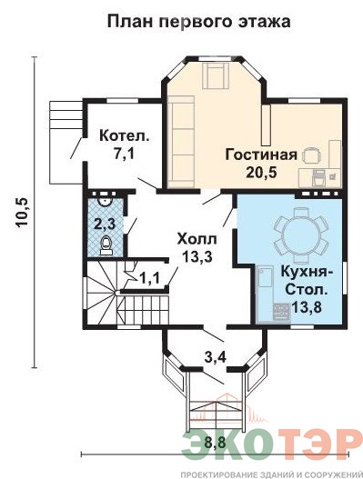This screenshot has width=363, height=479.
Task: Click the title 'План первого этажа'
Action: coord(198,23)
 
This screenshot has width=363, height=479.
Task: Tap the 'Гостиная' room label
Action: coord(261,155)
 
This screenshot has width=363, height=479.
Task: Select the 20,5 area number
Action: coord(261,173)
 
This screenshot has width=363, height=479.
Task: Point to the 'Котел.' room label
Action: coord(125,135)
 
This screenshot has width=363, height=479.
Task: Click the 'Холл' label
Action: coord(197,238)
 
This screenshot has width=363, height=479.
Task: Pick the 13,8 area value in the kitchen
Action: coord(307,307)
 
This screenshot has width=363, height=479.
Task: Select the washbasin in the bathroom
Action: coord(106,202)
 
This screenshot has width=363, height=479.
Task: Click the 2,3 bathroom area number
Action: coord(105,225)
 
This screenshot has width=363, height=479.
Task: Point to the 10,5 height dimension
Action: coord(23,213)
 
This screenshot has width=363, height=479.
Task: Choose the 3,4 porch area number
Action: coord(215,357)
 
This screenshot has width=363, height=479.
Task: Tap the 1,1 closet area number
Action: coord(149,278)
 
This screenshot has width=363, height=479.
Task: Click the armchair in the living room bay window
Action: coord(217,75)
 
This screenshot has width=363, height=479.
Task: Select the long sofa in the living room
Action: coord(181,142)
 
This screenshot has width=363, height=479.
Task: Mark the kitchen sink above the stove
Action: coord(265,277)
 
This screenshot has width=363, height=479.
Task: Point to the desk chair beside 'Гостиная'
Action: coord(312,155)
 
